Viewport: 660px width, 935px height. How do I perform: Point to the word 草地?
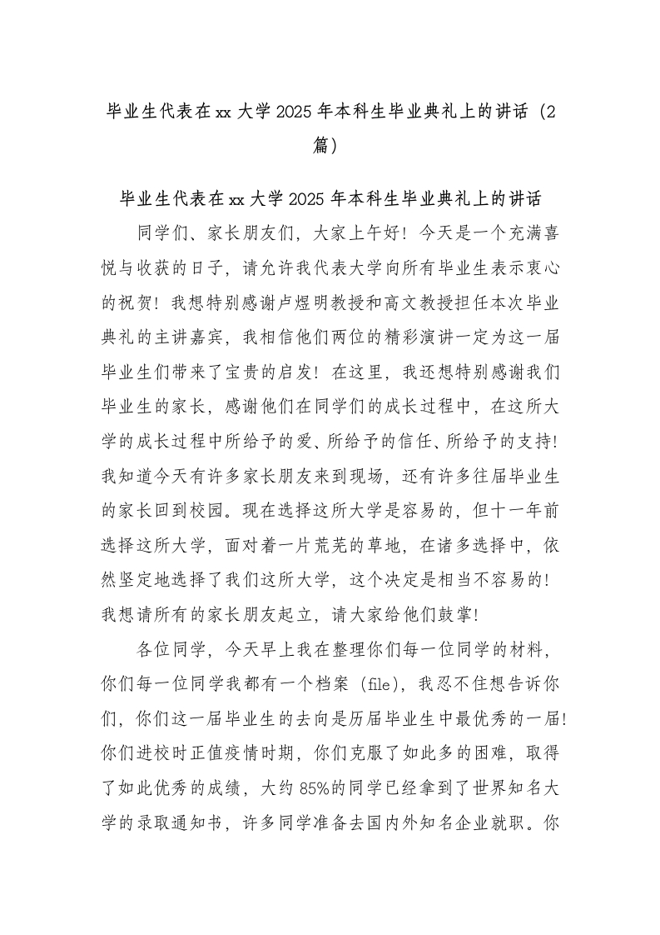click(x=410, y=552)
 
